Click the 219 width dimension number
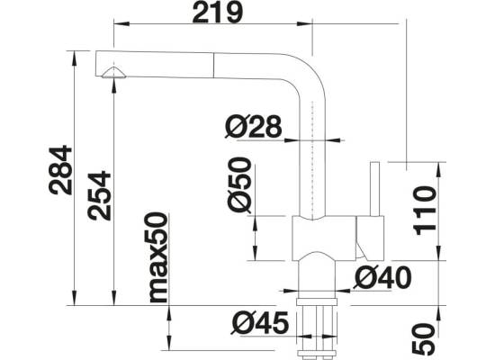[218, 13]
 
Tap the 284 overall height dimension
[61, 170]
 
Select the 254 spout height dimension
[100, 195]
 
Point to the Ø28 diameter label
[253, 126]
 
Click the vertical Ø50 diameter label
[240, 185]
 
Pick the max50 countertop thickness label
[158, 257]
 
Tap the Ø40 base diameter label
[382, 277]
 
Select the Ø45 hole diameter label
[260, 323]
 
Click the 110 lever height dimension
[425, 211]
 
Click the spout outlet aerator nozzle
[113, 73]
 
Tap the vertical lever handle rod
[374, 189]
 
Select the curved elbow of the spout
[308, 74]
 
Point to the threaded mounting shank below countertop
[316, 329]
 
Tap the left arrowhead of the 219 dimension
[121, 23]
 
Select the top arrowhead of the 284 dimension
[75, 58]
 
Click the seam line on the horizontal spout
[213, 65]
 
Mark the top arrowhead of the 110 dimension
[438, 169]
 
